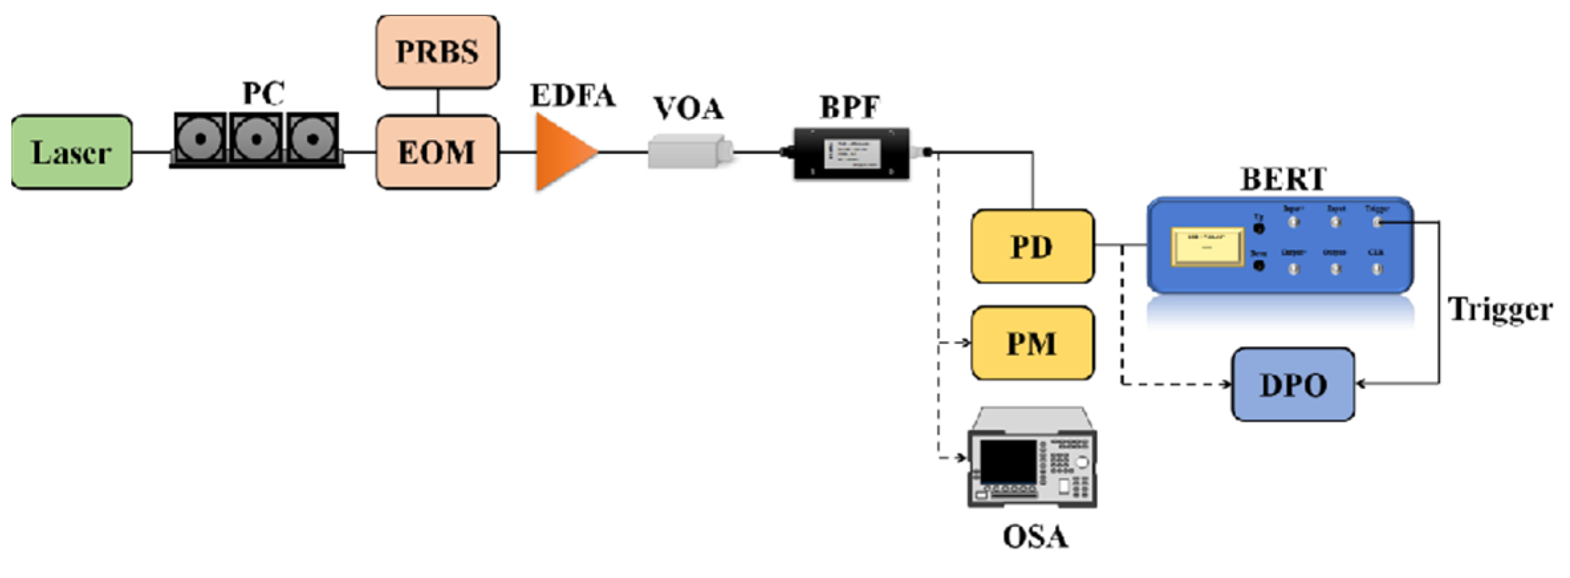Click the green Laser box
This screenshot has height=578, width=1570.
click(x=72, y=153)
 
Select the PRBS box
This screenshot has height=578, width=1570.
click(x=438, y=52)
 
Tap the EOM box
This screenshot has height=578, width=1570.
click(x=438, y=153)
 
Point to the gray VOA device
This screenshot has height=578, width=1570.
click(x=690, y=151)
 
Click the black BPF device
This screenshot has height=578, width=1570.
click(x=852, y=153)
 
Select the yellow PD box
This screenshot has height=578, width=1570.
click(x=1032, y=247)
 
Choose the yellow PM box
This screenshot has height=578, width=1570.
click(x=1032, y=343)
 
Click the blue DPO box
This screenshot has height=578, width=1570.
click(x=1293, y=384)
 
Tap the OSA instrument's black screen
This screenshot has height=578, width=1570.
click(x=1008, y=461)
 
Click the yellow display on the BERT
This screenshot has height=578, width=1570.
click(x=1207, y=247)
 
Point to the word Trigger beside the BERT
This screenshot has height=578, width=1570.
click(x=1500, y=310)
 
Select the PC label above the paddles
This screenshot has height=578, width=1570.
click(x=263, y=93)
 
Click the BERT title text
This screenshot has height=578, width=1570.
click(x=1284, y=179)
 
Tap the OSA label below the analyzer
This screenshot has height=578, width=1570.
click(x=1035, y=537)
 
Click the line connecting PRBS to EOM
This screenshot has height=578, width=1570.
click(x=438, y=102)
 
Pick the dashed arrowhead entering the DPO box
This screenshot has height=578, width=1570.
click(x=1227, y=384)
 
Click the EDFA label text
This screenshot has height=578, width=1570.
click(x=572, y=96)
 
